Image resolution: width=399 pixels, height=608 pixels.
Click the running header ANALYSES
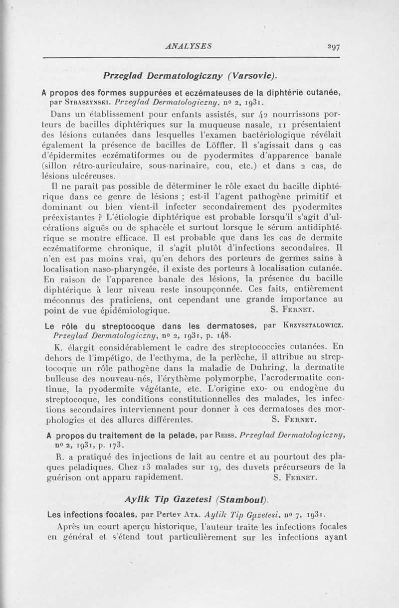(x=190, y=46)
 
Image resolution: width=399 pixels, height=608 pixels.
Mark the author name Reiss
(x=222, y=435)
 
